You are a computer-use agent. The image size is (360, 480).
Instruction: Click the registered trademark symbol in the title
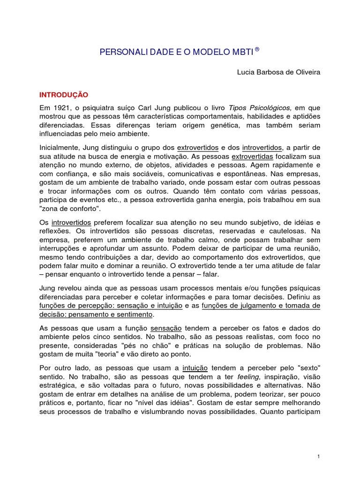tap(257, 48)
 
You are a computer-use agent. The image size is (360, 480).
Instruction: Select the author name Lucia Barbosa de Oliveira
tap(279, 73)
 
